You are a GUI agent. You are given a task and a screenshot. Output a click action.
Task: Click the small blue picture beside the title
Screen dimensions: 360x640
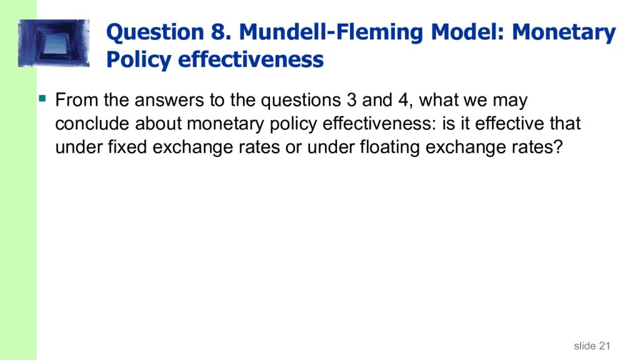click(54, 43)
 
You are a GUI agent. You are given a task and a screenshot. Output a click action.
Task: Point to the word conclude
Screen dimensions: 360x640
click(91, 124)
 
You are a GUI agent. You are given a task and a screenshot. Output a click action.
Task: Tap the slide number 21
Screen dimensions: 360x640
click(603, 346)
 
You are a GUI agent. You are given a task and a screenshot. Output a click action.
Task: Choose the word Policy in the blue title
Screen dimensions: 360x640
click(139, 60)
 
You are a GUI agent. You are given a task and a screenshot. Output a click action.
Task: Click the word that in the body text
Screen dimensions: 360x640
click(565, 124)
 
